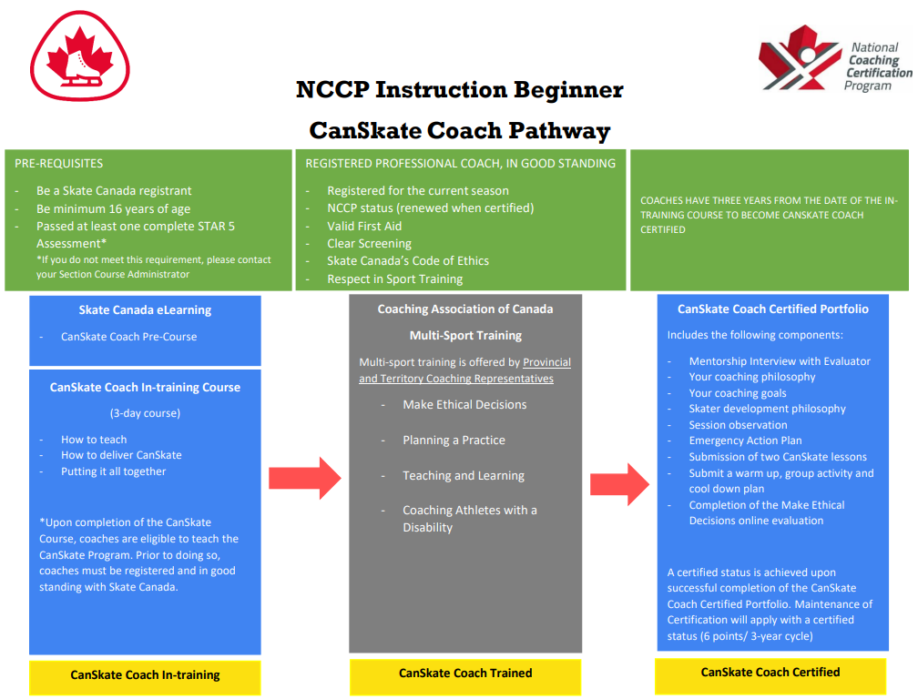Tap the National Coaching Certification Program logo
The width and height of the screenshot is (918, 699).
click(834, 66)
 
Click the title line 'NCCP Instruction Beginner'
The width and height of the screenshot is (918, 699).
click(459, 90)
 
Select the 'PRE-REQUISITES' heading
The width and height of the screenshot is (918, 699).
click(59, 164)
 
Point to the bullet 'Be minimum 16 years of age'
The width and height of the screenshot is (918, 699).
click(113, 208)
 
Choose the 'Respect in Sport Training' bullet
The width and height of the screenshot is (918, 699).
click(394, 279)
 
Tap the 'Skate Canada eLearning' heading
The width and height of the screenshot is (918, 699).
click(145, 309)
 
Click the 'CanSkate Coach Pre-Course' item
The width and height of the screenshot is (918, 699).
click(128, 337)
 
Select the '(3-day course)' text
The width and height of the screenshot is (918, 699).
click(145, 412)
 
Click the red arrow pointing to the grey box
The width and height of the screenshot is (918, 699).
click(304, 478)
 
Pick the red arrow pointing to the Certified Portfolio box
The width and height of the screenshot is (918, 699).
click(620, 483)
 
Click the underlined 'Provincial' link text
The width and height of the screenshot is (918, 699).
click(546, 362)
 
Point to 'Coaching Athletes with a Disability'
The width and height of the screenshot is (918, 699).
click(469, 519)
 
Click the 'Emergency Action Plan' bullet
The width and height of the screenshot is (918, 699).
click(745, 441)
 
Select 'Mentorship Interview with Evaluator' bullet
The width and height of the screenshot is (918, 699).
click(780, 361)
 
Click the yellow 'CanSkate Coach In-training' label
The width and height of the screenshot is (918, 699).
click(145, 674)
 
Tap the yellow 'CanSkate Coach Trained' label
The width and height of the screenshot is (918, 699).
click(465, 674)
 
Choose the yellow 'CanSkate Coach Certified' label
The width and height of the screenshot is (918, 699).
click(770, 673)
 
